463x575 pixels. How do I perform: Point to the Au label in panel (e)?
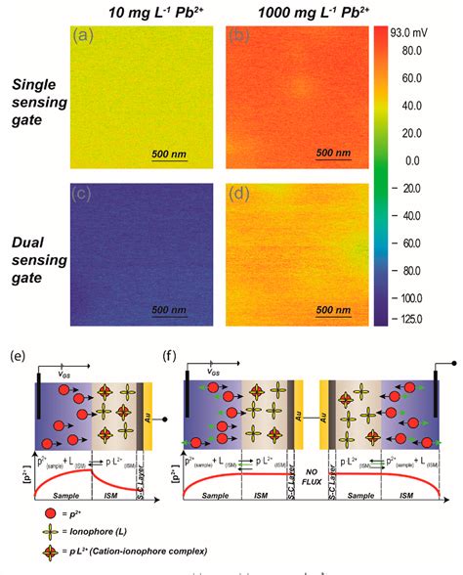tap(146, 403)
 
